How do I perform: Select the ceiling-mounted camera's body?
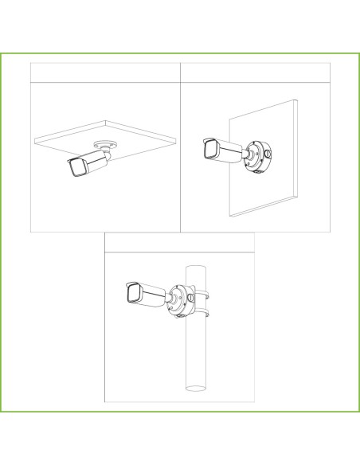point(92,162)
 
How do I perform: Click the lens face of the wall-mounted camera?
point(209,149)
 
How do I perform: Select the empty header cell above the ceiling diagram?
point(106,71)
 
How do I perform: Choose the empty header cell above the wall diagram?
point(255,71)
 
